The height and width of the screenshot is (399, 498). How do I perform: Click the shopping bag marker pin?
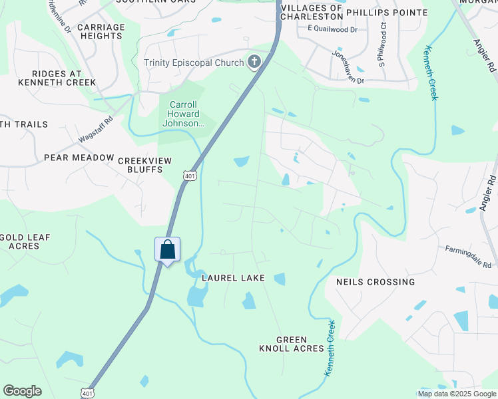(x=167, y=251)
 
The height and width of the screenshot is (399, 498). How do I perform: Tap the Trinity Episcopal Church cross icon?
(x=253, y=63)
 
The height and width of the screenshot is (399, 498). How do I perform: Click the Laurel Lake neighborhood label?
(x=234, y=278)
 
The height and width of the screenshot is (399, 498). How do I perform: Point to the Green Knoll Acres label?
(x=292, y=344)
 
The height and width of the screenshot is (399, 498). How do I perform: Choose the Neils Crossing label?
(x=375, y=282)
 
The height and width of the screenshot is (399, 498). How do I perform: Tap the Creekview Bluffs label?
(x=140, y=165)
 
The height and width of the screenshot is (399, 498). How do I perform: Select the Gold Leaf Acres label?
(x=25, y=241)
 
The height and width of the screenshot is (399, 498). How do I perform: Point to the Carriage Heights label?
(x=101, y=31)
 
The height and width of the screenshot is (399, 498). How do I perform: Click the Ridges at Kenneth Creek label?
(x=57, y=78)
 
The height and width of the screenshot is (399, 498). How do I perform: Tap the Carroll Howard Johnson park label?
(x=182, y=114)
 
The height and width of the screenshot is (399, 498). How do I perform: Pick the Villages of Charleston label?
(x=312, y=12)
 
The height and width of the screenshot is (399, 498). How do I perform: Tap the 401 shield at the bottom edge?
(x=87, y=393)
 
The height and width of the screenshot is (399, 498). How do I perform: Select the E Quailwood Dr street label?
(x=332, y=30)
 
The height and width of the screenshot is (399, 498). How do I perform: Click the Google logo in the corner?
(x=22, y=391)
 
